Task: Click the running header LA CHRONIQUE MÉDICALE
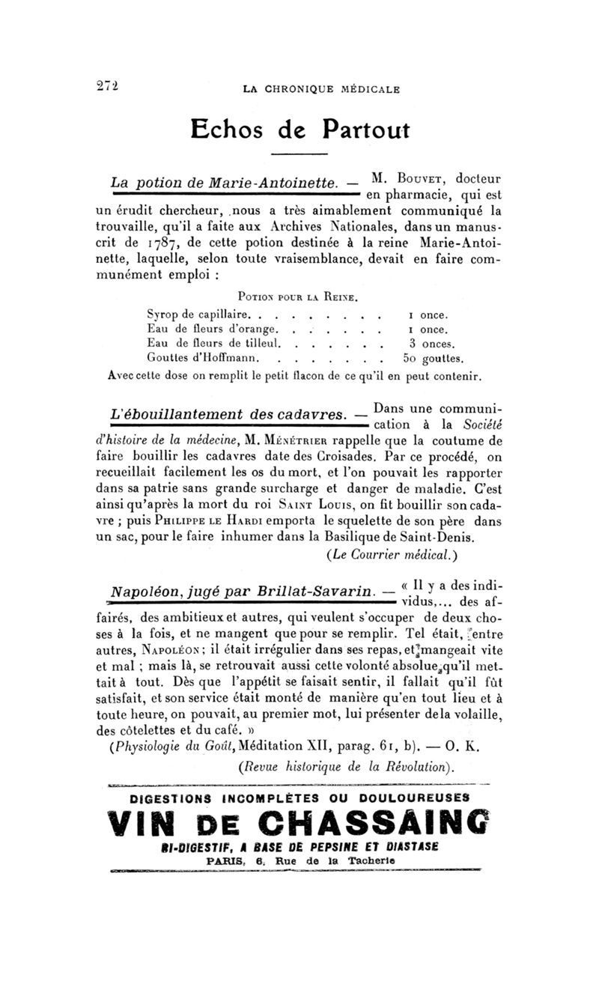coord(322,89)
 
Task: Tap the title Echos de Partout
coord(299,130)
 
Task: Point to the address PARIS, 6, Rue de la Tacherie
coord(300,862)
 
